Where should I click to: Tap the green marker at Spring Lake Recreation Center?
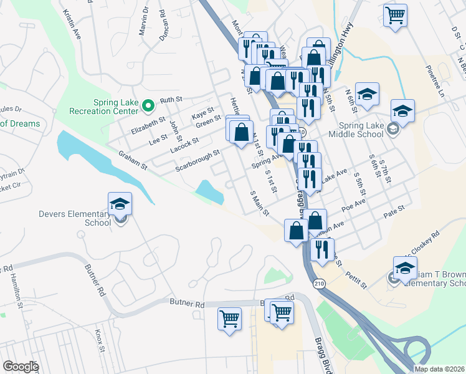148,105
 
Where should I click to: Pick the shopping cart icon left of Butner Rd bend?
230,319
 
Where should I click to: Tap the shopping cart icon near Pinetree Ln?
395,15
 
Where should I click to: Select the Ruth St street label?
170,100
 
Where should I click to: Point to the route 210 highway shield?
319,283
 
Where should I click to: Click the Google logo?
21,367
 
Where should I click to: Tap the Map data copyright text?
439,369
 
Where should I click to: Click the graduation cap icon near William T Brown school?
405,267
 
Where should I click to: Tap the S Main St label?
260,203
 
